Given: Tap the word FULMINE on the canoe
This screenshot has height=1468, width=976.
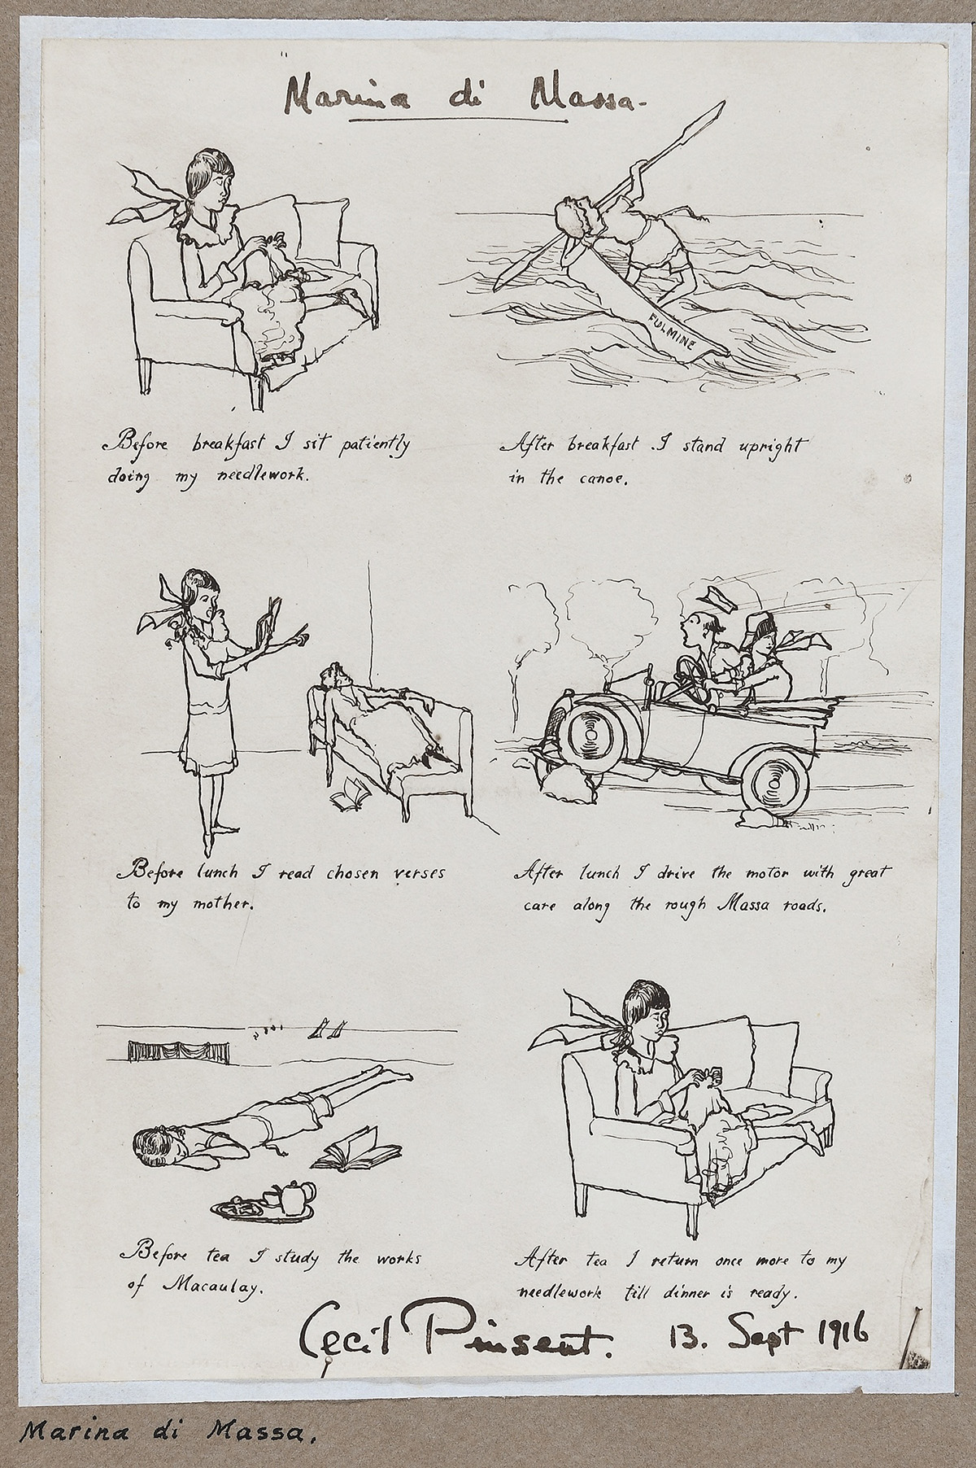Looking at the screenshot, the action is [x=673, y=332].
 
